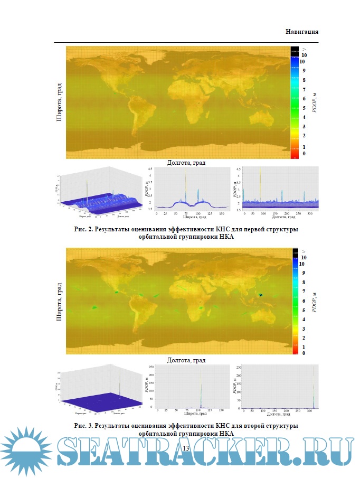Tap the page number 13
185,448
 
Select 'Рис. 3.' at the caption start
86,425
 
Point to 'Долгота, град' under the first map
185,163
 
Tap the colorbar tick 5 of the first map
304,108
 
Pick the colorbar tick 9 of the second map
303,273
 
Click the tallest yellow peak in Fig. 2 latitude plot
185,174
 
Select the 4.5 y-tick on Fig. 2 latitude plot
150,168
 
